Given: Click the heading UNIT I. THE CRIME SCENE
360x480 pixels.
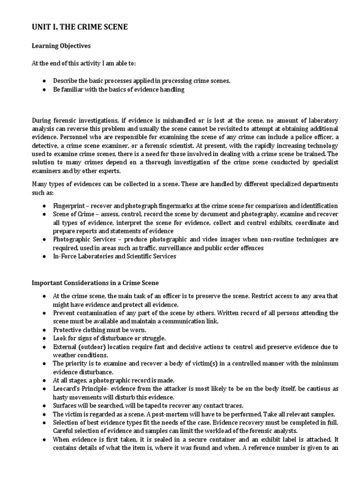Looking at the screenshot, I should point(79,28).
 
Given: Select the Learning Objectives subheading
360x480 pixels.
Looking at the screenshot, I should point(61,46).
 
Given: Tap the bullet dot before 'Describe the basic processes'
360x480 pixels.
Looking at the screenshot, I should point(44,81).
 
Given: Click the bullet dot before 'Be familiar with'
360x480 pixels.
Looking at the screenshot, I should point(44,90).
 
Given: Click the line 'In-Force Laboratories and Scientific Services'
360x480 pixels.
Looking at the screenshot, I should point(115,256).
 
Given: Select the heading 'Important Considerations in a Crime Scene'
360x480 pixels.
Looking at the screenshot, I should point(95,283).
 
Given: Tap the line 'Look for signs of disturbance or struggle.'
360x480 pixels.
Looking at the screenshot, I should point(110,338).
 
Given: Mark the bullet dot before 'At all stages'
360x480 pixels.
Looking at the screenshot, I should point(44,381).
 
